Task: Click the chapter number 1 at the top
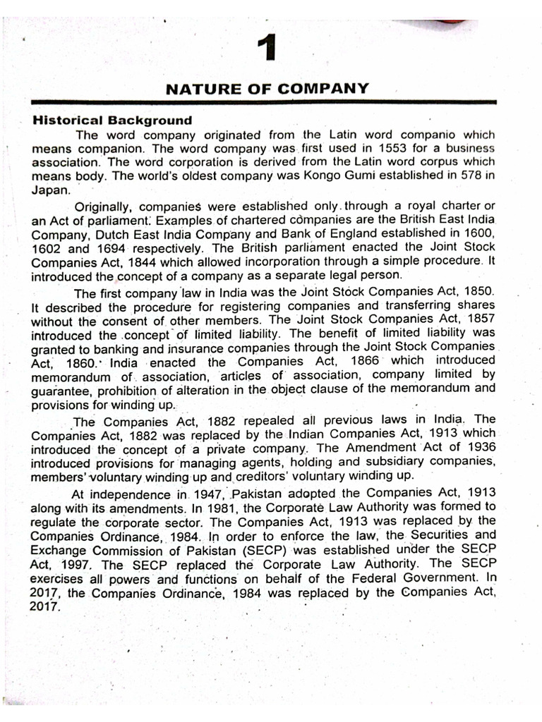266,51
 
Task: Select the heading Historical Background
112,121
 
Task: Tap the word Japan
47,190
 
